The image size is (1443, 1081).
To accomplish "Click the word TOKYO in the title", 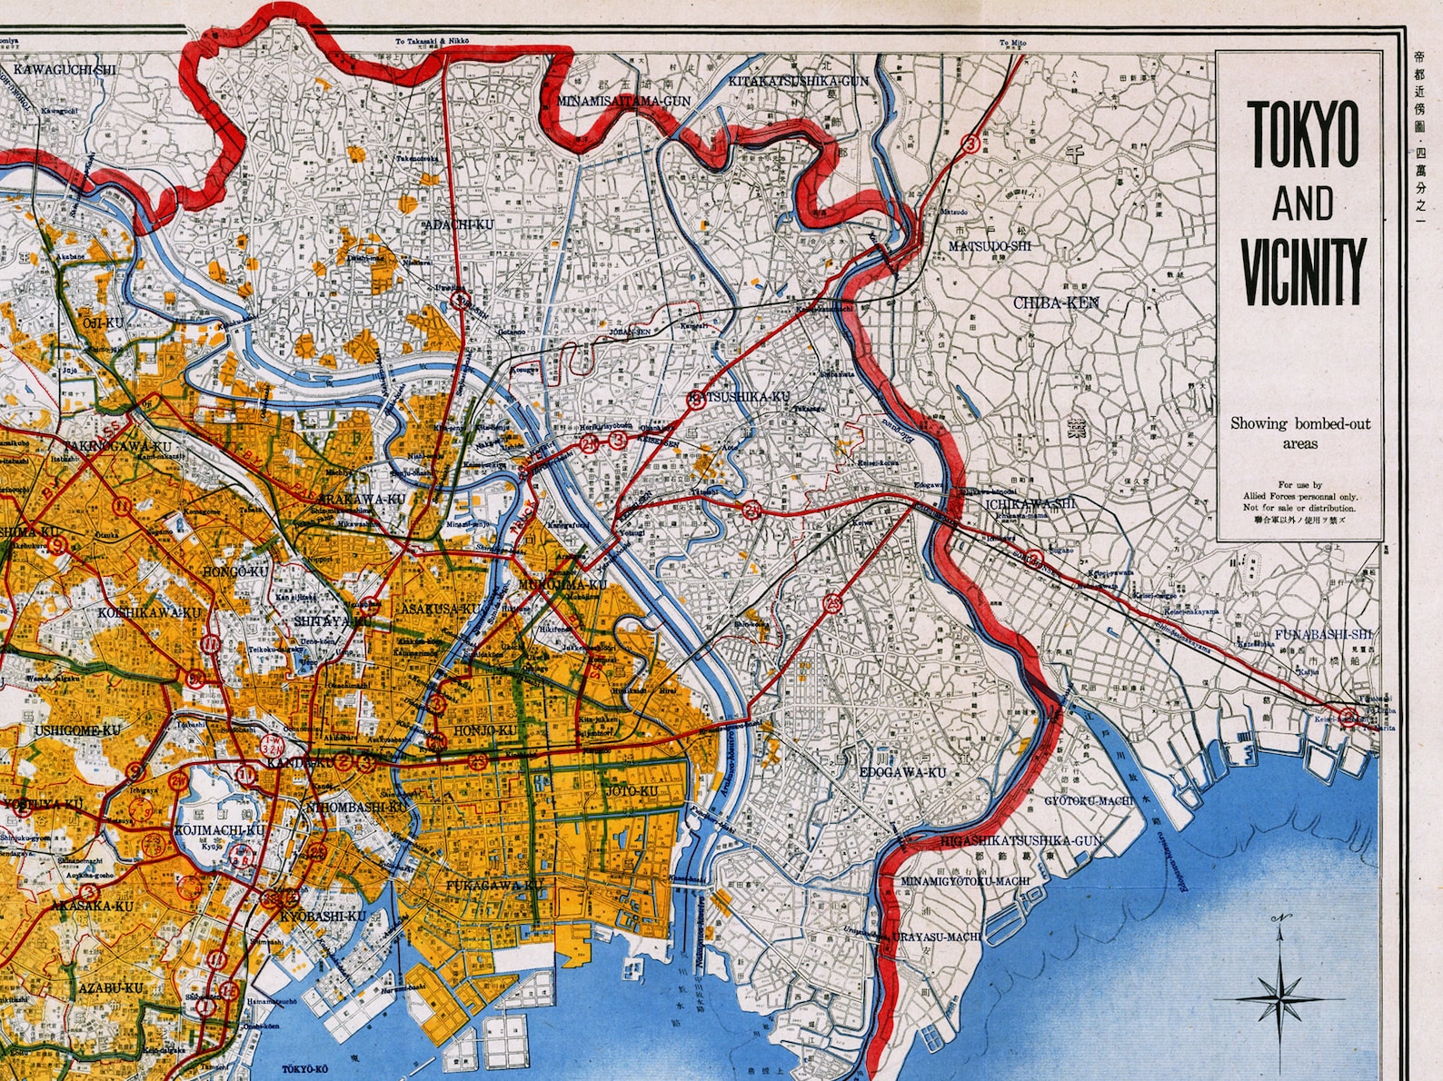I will coord(1303,134).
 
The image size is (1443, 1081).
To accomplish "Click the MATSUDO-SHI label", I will coord(990,246).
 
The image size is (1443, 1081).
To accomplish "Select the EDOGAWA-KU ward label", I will coord(902,773).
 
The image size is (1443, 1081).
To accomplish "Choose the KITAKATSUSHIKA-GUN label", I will coord(799,81).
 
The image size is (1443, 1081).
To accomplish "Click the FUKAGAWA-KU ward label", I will coord(493,885).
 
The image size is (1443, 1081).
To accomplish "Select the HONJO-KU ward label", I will coord(484,730).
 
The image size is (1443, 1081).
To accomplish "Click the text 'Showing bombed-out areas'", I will coord(1300,433).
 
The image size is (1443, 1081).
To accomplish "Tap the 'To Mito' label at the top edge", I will coord(1012,43).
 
